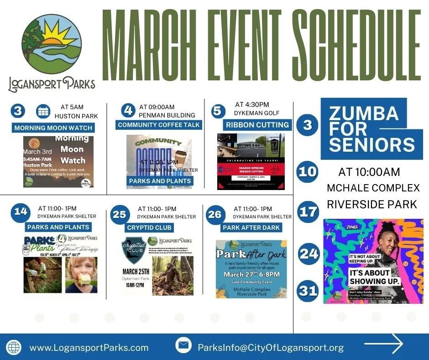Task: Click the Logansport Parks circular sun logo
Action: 52,43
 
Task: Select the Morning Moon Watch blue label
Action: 53,128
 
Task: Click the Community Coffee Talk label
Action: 159,125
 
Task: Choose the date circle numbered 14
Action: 21,212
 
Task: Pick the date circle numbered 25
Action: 120,214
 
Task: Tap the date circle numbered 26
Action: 215,214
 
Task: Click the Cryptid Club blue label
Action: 150,227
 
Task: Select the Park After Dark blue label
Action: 251,227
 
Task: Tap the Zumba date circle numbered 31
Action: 308,291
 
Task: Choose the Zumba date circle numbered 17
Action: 308,212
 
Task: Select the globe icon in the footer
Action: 14,347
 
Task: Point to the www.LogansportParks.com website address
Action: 89,348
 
